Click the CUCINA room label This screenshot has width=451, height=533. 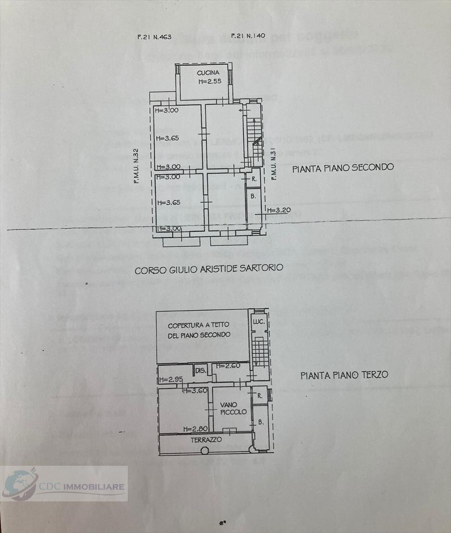pos(208,73)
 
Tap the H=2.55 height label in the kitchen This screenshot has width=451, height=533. pos(209,81)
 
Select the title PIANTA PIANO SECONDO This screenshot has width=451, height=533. pos(343,168)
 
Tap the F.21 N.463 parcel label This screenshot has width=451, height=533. pos(154,37)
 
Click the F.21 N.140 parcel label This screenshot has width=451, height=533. pos(248,36)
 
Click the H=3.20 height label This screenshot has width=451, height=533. pos(278,210)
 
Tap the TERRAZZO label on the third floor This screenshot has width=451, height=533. pos(205,439)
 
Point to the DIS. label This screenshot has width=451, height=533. pos(200,371)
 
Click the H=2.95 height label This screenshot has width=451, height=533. pos(170,380)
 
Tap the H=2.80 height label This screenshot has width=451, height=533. pos(194,429)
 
